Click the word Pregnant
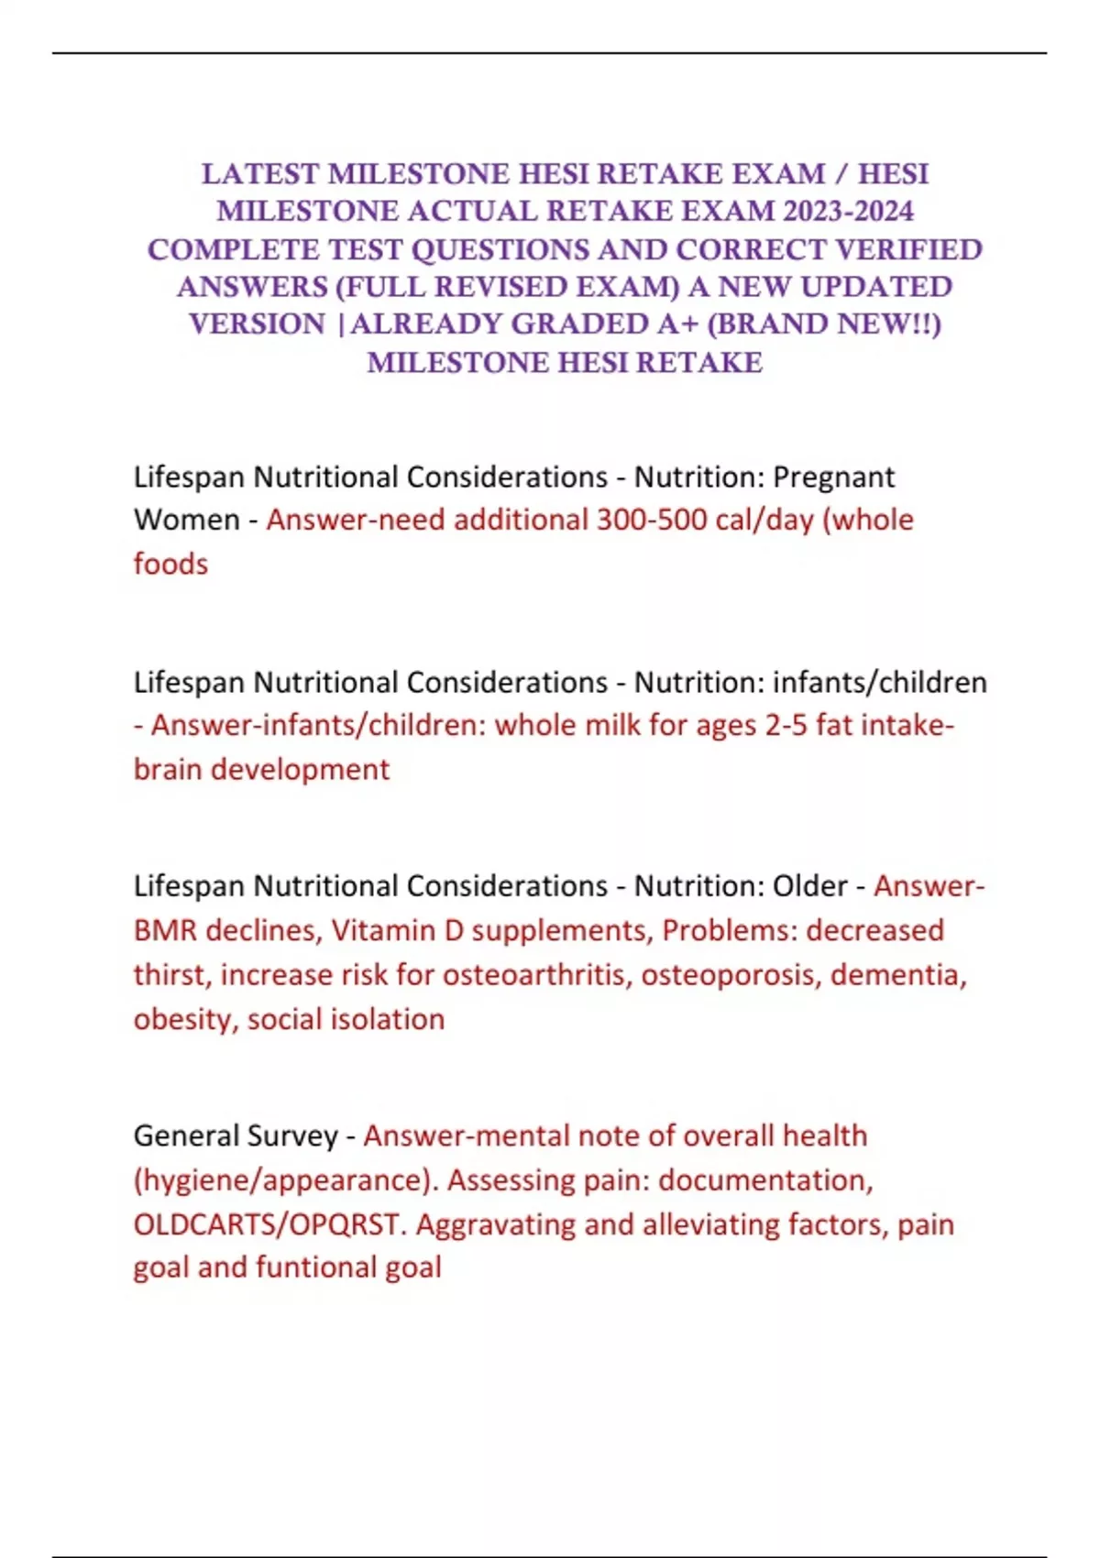pyautogui.click(x=834, y=477)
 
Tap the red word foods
pyautogui.click(x=170, y=564)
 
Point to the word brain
pyautogui.click(x=169, y=769)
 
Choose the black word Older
pyautogui.click(x=810, y=886)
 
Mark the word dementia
pyautogui.click(x=897, y=975)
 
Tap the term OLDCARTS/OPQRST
pyautogui.click(x=267, y=1224)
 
